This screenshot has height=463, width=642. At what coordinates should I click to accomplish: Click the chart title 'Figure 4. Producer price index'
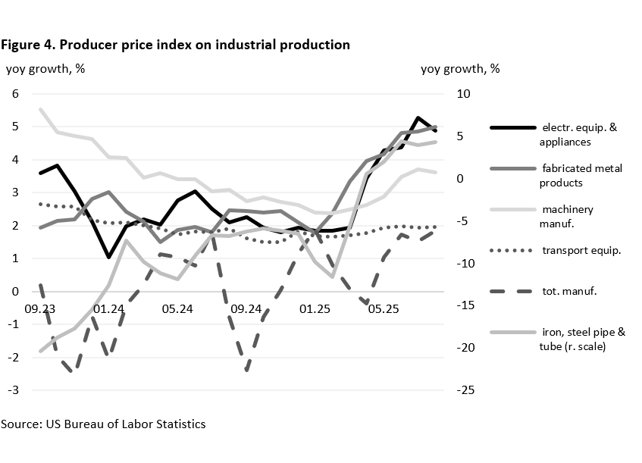click(175, 45)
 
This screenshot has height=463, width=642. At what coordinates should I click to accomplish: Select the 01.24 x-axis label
click(109, 309)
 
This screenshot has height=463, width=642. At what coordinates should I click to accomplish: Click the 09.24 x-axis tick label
click(246, 309)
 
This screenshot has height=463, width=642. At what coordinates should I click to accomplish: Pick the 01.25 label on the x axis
click(315, 309)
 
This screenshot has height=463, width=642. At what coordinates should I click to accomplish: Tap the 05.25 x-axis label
click(383, 309)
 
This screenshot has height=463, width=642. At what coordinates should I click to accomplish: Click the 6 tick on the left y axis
click(14, 94)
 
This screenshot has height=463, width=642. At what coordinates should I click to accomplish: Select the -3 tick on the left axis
click(11, 390)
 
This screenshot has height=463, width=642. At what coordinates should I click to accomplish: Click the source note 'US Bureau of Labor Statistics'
click(103, 424)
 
